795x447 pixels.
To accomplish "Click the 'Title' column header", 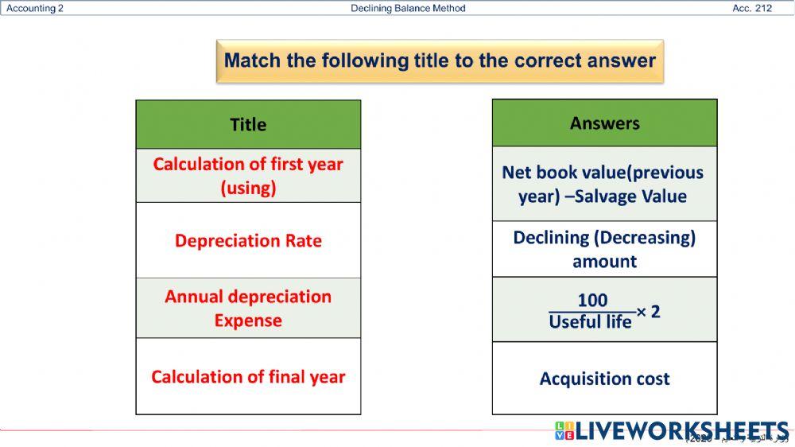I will (x=248, y=125).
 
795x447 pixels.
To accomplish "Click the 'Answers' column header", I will (x=604, y=123).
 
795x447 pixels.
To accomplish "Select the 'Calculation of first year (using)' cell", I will (x=248, y=176).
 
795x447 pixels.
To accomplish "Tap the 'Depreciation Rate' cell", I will (x=248, y=241).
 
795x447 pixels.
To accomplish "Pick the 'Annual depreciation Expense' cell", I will (x=248, y=308).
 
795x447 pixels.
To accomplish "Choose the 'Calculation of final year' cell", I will (x=248, y=376).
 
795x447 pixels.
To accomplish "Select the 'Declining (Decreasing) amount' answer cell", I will (x=604, y=249).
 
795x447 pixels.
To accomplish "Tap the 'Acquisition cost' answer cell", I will (x=604, y=379).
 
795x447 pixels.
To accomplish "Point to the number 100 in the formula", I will (x=592, y=300).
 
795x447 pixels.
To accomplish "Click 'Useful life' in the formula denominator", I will (x=590, y=321).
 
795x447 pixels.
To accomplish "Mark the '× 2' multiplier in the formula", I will (x=649, y=312).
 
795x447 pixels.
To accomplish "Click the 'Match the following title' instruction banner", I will (x=440, y=61).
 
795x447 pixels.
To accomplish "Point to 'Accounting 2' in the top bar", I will (x=35, y=9).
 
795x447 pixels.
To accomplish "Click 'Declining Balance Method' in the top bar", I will (x=408, y=9).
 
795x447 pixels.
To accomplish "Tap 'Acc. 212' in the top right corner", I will (x=752, y=9).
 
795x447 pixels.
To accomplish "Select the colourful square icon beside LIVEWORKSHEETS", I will (x=564, y=430).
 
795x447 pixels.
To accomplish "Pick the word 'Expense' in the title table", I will (x=248, y=321).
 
